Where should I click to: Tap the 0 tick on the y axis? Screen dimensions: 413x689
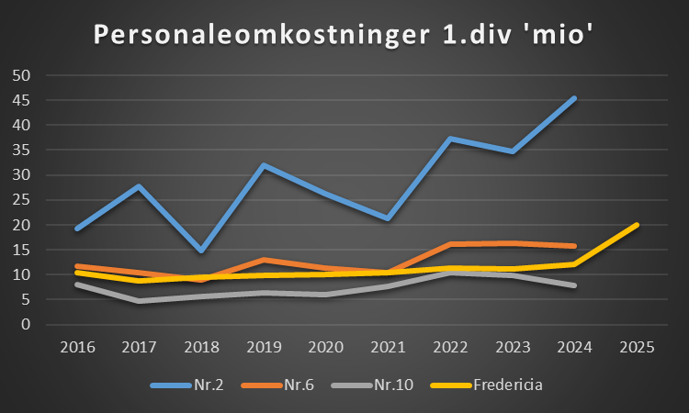tap(27, 324)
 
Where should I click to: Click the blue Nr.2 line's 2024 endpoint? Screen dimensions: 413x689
tap(575, 97)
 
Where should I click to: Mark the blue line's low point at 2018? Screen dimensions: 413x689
tap(201, 251)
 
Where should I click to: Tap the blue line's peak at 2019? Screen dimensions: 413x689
tap(264, 165)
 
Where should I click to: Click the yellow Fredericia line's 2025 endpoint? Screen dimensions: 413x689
tap(638, 224)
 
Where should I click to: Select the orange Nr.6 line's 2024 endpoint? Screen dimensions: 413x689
tap(575, 246)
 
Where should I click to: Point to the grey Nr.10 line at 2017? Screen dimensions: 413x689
tap(139, 300)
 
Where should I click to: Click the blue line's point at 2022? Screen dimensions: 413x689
tap(450, 139)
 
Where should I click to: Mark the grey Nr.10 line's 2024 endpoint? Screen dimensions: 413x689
tap(575, 285)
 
